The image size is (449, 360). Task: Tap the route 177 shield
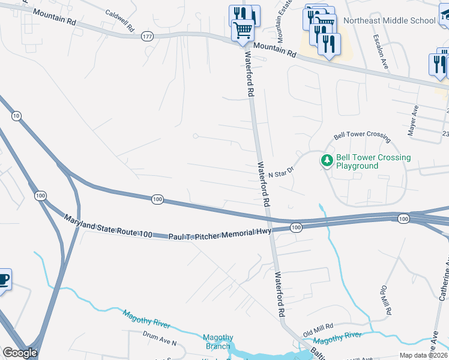(x=148, y=37)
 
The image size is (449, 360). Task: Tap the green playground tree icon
(x=327, y=160)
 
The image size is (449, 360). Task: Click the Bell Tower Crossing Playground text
(x=373, y=162)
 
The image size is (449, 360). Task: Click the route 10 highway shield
(x=16, y=115)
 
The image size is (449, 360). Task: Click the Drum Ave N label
(x=160, y=339)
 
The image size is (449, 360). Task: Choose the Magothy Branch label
(x=217, y=341)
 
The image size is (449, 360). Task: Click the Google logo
(x=20, y=353)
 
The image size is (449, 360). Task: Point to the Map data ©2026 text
(x=423, y=355)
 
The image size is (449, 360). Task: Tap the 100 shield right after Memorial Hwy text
(x=295, y=227)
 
